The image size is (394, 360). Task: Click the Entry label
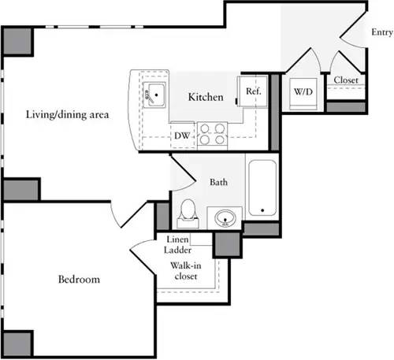(x=381, y=32)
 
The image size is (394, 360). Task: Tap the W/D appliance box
(x=303, y=92)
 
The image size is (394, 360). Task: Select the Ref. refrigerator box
(x=253, y=92)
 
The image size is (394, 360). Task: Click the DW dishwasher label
(x=182, y=136)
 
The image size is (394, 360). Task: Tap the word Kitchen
(x=205, y=97)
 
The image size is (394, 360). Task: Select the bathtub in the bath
(x=262, y=188)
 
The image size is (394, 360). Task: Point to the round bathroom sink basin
(x=225, y=217)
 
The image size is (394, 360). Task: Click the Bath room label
(x=219, y=182)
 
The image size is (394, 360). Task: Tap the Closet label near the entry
(x=347, y=80)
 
